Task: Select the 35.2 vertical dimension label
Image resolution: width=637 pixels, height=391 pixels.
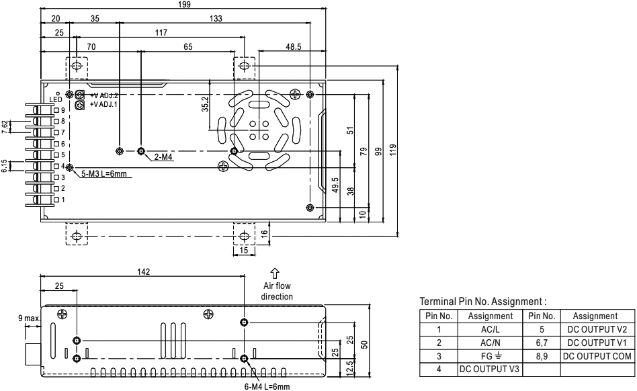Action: coord(206,105)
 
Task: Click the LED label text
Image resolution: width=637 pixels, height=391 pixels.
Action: coord(56,99)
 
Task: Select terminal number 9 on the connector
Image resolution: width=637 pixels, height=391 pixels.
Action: coord(63,110)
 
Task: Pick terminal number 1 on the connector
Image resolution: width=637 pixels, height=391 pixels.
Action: coord(63,200)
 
